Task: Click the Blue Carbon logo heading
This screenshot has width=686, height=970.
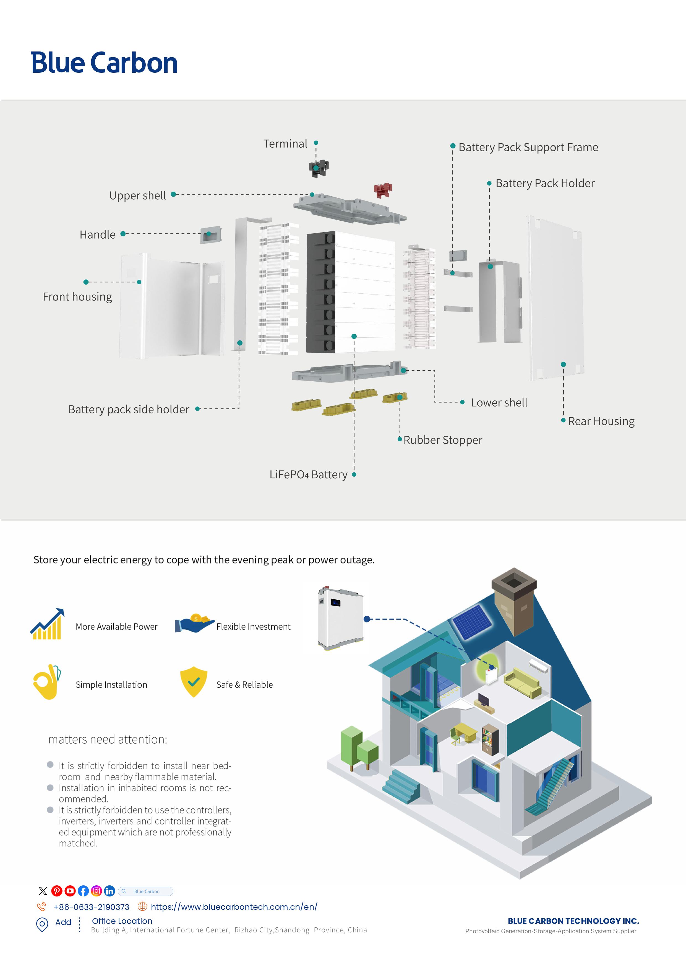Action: [104, 63]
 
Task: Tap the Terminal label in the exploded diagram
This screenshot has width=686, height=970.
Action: [285, 144]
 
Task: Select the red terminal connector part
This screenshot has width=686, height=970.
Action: [383, 190]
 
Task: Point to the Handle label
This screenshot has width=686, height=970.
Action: [98, 235]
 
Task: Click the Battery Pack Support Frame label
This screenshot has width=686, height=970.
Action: [528, 147]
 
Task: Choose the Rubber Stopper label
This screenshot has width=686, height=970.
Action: [442, 440]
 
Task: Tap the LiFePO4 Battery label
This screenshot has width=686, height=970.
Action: [308, 475]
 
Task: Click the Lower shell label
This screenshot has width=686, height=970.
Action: [499, 403]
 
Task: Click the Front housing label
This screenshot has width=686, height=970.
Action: [77, 297]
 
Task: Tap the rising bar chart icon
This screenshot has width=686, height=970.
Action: [47, 624]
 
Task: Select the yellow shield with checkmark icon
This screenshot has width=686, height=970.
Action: [194, 681]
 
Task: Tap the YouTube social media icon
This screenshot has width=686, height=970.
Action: [70, 891]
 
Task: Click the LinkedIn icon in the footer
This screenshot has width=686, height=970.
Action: [109, 891]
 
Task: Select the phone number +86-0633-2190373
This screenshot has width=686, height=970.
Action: [91, 907]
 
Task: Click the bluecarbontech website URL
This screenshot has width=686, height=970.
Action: [234, 907]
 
